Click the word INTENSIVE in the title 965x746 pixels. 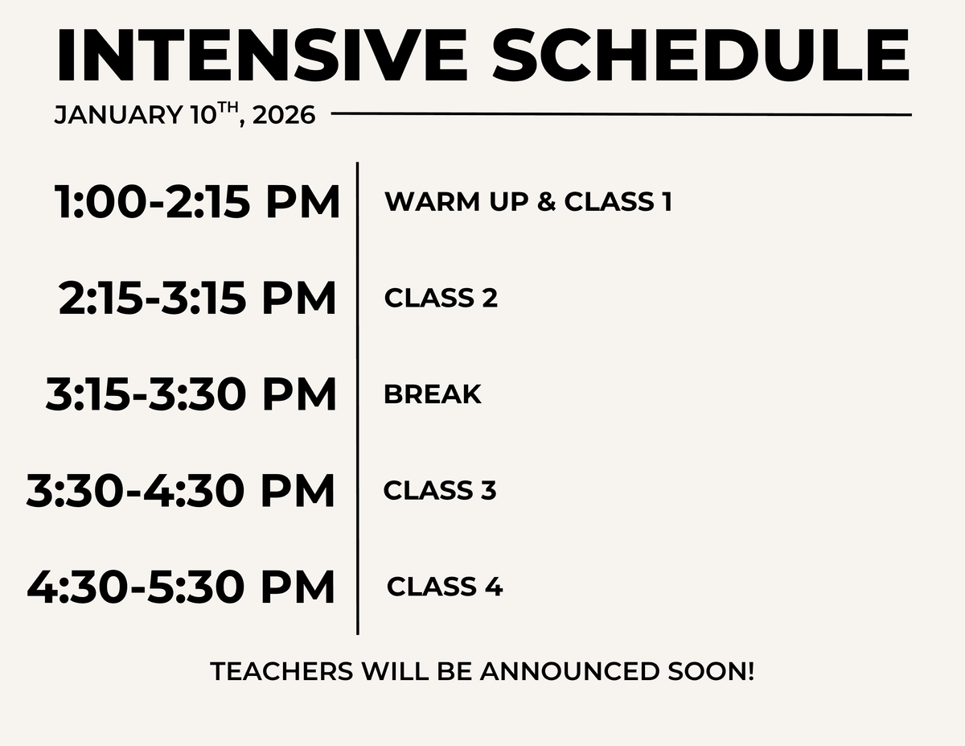point(262,55)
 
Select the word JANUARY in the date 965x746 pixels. point(118,115)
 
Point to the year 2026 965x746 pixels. point(284,115)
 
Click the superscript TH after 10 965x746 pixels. point(228,107)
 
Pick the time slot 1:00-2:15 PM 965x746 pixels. point(197,202)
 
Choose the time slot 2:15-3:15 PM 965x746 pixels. point(197,298)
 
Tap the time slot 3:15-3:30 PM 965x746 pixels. point(191,394)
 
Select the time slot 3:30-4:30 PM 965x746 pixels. point(180,491)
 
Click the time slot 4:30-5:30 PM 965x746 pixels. point(181,587)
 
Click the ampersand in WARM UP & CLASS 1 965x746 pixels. point(546,202)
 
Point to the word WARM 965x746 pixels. point(432,202)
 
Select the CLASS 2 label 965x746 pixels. point(441,298)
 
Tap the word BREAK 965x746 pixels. point(433,394)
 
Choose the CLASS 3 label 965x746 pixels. point(440,491)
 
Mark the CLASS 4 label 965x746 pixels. point(445,587)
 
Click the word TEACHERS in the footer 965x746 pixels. point(281,671)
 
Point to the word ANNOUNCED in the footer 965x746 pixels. point(570,671)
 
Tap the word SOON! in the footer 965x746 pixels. point(711,671)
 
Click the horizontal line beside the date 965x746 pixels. point(622,114)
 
